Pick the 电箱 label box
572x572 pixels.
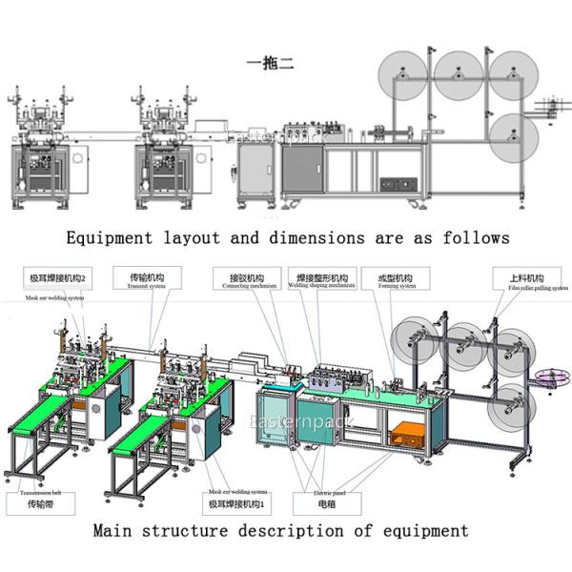tap(325, 502)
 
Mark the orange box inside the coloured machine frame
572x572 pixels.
tap(405, 435)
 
